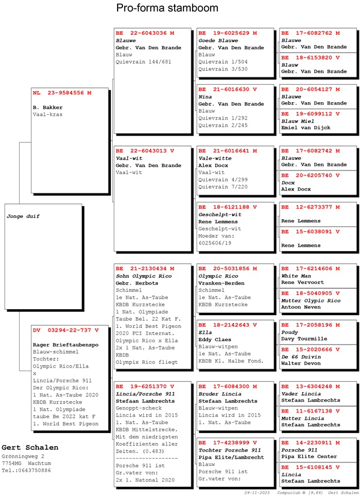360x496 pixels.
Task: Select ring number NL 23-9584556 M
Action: pos(62,93)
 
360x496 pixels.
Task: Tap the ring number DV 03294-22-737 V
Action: pos(65,330)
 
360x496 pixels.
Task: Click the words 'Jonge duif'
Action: pos(23,216)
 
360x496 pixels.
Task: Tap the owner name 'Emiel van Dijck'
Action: pos(306,128)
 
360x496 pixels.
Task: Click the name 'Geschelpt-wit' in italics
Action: pos(220,214)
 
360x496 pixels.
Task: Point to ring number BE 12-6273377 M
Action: pos(310,207)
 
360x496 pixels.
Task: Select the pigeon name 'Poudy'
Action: pos(290,332)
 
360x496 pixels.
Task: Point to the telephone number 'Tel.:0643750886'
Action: pos(26,470)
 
